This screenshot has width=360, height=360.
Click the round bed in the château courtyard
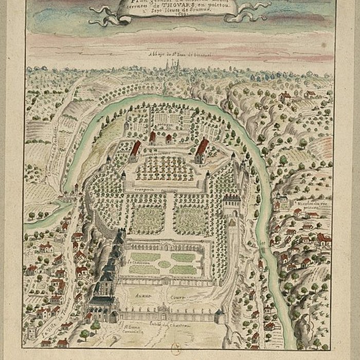[165, 264]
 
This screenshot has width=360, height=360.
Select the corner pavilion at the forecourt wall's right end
[220, 315]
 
